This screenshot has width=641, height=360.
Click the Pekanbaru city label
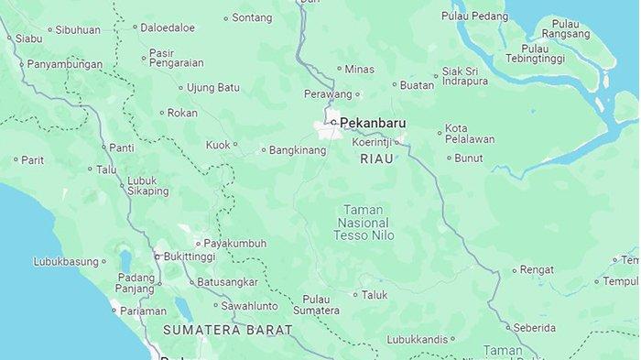373,122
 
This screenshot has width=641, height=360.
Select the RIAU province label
376,158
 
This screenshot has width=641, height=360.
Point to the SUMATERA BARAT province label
228,329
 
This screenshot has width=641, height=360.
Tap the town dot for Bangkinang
264,150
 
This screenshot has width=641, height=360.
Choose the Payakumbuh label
235,244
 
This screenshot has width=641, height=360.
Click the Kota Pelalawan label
469,134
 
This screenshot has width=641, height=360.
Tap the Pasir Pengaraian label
176,58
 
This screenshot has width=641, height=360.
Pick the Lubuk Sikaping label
147,186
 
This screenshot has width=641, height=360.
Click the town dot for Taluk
355,295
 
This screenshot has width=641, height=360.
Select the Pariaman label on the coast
143,311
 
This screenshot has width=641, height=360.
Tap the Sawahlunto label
249,305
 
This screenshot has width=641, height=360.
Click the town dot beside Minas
338,69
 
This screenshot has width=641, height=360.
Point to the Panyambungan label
64,64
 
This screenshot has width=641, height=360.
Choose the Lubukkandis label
417,339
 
